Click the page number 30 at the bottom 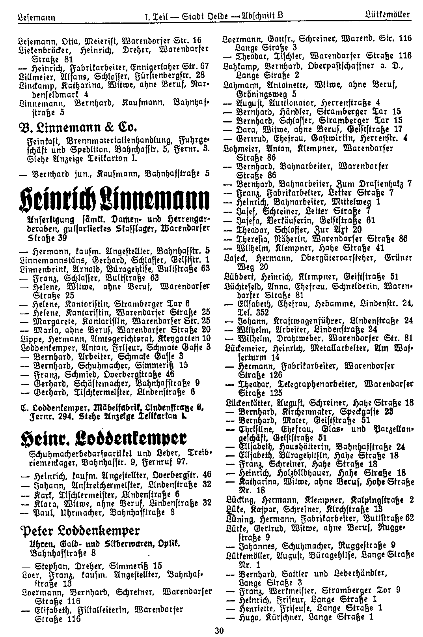pyautogui.click(x=219, y=631)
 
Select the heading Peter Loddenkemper pyautogui.click(x=79, y=529)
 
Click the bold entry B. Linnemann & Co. pyautogui.click(x=77, y=128)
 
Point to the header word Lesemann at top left pyautogui.click(x=36, y=17)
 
